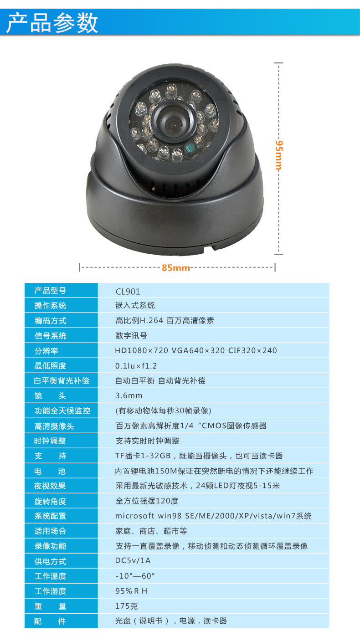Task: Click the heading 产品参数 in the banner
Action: pyautogui.click(x=52, y=23)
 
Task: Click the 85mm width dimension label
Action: pyautogui.click(x=176, y=268)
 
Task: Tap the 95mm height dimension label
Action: pyautogui.click(x=278, y=155)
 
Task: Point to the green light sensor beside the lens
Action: pyautogui.click(x=190, y=148)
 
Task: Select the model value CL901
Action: pyautogui.click(x=128, y=292)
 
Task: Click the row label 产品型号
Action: pyautogui.click(x=51, y=291)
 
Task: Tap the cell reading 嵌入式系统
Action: pyautogui.click(x=135, y=305)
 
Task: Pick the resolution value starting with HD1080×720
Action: pyautogui.click(x=196, y=350)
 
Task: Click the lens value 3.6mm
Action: pyautogui.click(x=129, y=396)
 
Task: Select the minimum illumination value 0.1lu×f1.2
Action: pyautogui.click(x=136, y=366)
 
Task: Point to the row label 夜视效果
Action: pyautogui.click(x=50, y=486)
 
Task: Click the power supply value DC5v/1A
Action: pyautogui.click(x=133, y=560)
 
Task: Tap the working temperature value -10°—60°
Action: pyautogui.click(x=135, y=576)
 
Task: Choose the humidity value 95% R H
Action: pyautogui.click(x=131, y=591)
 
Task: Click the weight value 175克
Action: pyautogui.click(x=127, y=606)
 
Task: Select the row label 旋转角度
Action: pyautogui.click(x=50, y=501)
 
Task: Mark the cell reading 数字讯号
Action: pyautogui.click(x=131, y=336)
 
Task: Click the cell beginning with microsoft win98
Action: pyautogui.click(x=213, y=516)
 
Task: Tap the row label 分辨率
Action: pyautogui.click(x=46, y=351)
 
